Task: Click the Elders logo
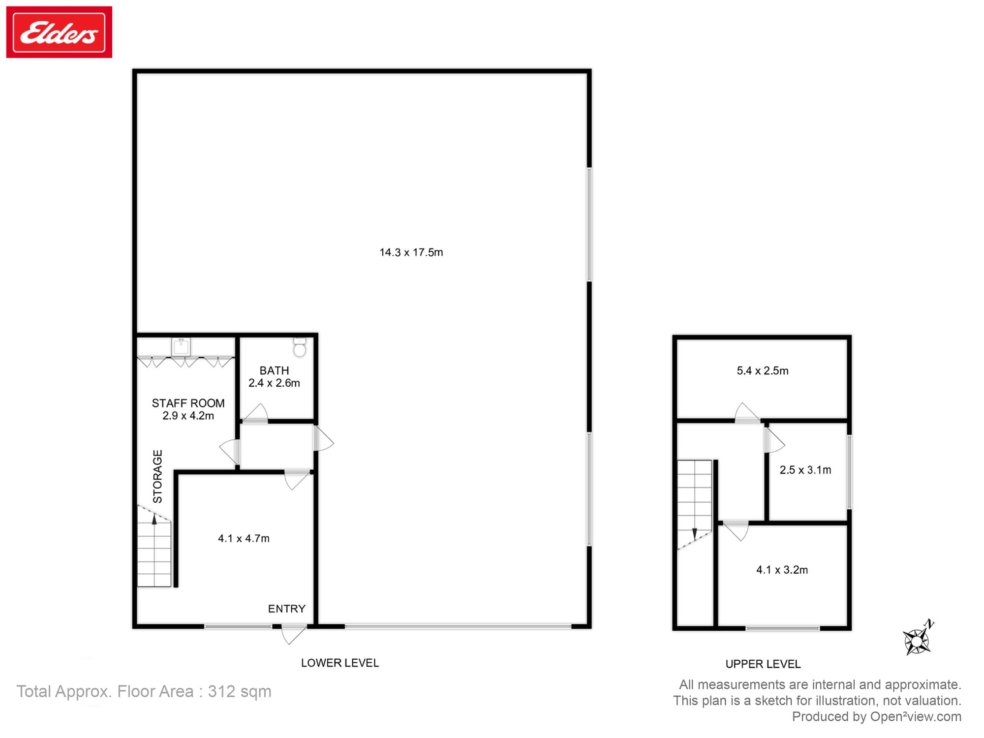[59, 32]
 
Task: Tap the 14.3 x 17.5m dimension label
[411, 252]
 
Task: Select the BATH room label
[274, 370]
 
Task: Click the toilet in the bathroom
[300, 347]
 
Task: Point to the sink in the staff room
[181, 346]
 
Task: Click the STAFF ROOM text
[188, 403]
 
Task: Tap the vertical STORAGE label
[157, 476]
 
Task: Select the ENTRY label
[287, 609]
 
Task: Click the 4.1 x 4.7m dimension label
[244, 538]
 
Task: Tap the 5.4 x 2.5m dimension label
[763, 370]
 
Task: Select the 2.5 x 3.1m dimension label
[805, 470]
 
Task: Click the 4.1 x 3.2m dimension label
[782, 570]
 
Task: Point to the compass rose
[918, 639]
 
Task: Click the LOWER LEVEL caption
[340, 663]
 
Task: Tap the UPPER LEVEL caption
[763, 664]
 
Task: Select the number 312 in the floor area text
[221, 691]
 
